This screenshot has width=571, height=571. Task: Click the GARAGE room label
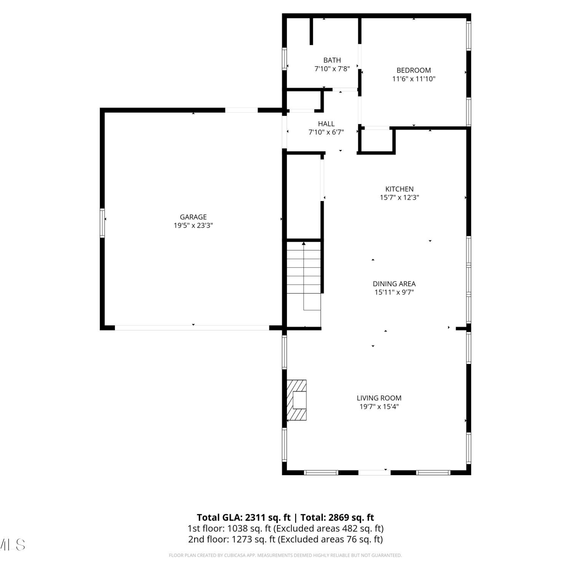(193, 217)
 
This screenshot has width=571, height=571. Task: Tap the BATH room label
(332, 60)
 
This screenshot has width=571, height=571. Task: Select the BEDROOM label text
(414, 70)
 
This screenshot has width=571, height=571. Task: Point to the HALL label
(326, 124)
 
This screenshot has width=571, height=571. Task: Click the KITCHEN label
(399, 189)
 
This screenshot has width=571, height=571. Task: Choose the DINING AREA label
(394, 284)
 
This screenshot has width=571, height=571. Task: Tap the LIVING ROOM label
(379, 398)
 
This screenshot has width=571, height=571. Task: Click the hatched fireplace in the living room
(297, 400)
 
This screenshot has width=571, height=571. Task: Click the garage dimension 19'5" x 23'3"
(193, 225)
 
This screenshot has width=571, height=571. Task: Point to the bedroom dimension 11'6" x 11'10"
(414, 79)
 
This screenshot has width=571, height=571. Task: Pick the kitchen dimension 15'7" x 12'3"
(399, 197)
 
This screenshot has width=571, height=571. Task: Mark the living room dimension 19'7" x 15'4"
(379, 406)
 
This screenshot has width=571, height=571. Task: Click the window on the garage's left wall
(102, 223)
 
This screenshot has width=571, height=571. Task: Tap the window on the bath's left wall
(284, 59)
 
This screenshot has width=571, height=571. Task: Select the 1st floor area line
(285, 528)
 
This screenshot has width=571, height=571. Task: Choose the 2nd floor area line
(285, 539)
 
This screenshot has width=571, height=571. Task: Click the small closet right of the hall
(376, 140)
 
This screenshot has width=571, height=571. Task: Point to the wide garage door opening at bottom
(192, 327)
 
